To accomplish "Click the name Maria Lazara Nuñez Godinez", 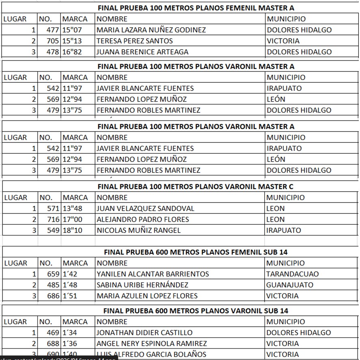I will click(x=151, y=30).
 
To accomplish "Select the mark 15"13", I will click(x=72, y=41).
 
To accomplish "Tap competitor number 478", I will click(x=53, y=52).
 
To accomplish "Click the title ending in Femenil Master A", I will click(x=196, y=8).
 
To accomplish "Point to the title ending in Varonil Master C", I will click(x=196, y=187).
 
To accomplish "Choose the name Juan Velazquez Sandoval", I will click(x=145, y=209).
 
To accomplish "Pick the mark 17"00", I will click(x=72, y=220).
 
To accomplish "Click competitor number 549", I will click(x=53, y=231).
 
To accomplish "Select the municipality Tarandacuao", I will click(x=292, y=274).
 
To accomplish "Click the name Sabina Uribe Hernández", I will click(x=142, y=285).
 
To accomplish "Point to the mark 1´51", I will click(x=69, y=296).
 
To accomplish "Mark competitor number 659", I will click(x=53, y=274).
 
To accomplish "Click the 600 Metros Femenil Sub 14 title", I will click(x=196, y=252).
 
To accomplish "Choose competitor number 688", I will click(x=53, y=344).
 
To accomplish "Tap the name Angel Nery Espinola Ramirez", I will click(x=151, y=344).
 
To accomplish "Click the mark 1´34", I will click(x=69, y=333).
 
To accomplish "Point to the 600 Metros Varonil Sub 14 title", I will click(x=196, y=311).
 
